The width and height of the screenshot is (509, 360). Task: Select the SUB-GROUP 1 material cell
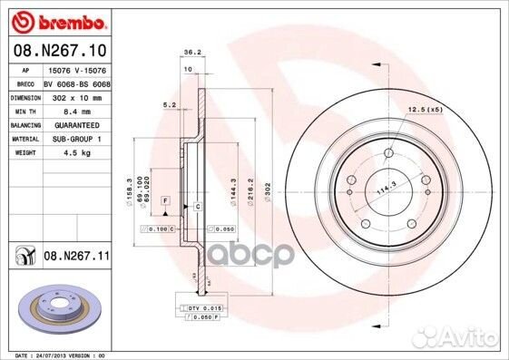(70, 139)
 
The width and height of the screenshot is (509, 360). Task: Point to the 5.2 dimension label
(169, 105)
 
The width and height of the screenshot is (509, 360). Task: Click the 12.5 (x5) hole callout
(426, 110)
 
